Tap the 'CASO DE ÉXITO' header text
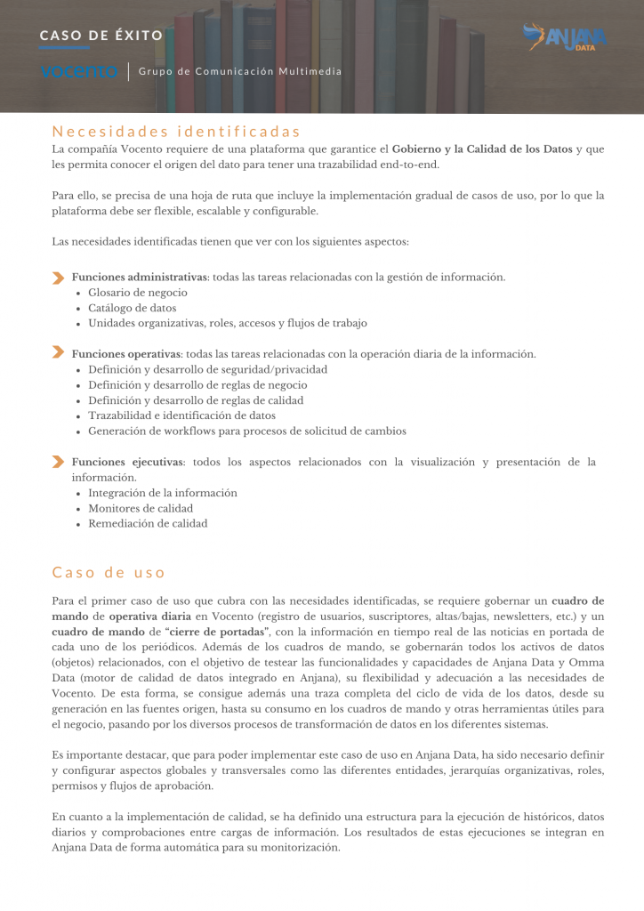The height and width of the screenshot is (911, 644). tap(101, 36)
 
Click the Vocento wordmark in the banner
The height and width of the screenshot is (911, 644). tap(80, 71)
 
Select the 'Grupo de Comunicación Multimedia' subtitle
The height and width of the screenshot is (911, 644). tap(240, 71)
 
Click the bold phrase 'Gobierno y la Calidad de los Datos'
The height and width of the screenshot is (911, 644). tap(483, 149)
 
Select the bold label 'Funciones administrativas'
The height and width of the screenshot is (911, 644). tap(140, 277)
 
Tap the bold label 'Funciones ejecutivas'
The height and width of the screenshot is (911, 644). tap(128, 462)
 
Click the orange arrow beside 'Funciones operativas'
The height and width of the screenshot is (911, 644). tap(58, 353)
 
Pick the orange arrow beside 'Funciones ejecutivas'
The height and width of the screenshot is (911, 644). tap(58, 462)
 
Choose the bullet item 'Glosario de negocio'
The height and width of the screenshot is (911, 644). tap(138, 293)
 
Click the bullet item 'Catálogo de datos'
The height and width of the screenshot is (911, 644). tap(133, 308)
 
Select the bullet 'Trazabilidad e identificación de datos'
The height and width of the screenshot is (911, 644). tap(181, 415)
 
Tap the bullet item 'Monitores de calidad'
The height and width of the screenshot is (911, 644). tap(141, 508)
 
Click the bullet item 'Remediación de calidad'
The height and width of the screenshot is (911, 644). tap(148, 524)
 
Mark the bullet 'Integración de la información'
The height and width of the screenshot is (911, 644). tap(163, 493)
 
